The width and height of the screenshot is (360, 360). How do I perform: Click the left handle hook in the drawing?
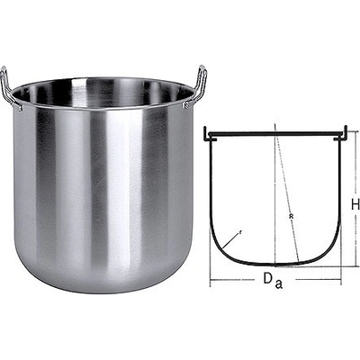tap(208, 135)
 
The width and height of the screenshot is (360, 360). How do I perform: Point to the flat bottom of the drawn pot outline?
tap(274, 265)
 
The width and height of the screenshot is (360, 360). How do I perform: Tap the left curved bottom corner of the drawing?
tap(220, 253)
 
